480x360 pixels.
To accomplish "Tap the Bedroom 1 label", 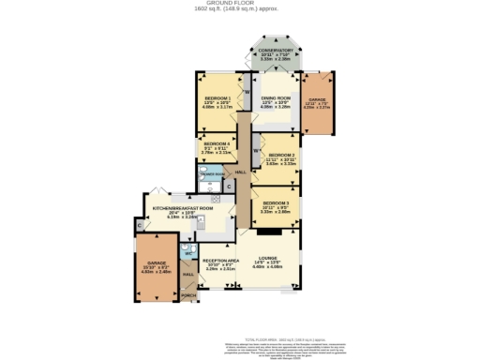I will [x=218, y=97].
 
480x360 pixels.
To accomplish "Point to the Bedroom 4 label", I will [x=217, y=143].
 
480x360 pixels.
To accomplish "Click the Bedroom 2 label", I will [x=281, y=155].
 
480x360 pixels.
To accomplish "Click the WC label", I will [x=187, y=254].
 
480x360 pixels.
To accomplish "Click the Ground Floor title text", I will [x=239, y=3].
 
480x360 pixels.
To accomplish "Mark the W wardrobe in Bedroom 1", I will [x=247, y=91].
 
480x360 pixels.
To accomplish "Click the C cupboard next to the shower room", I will [x=229, y=186].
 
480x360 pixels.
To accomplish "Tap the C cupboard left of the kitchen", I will [x=139, y=225].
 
